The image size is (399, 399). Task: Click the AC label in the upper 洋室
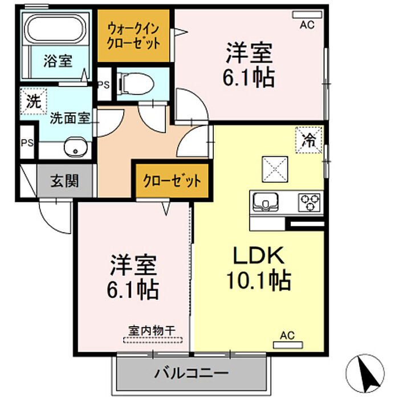pyautogui.click(x=308, y=24)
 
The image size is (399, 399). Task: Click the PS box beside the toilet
pyautogui.click(x=104, y=84)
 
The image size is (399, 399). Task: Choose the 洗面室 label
pyautogui.click(x=70, y=119)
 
